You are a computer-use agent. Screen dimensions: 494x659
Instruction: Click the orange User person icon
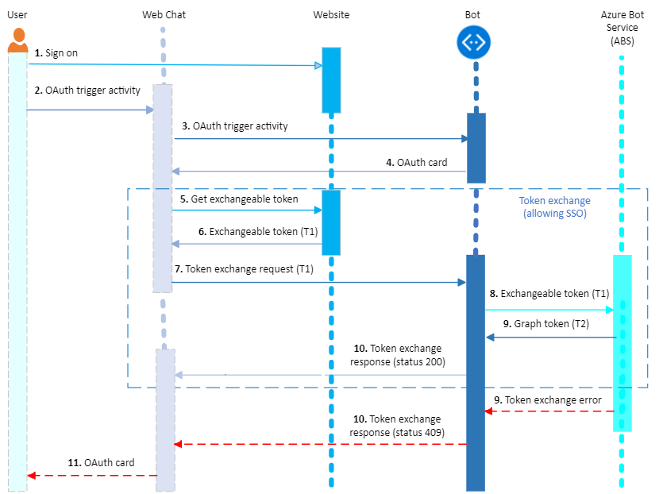17,41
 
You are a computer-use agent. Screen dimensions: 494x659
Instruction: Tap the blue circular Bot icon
475,43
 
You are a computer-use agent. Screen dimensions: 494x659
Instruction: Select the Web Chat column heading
164,14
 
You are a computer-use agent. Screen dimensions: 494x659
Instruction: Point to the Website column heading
331,14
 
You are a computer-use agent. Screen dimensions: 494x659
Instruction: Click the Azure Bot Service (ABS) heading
621,29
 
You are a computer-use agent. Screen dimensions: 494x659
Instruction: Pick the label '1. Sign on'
56,53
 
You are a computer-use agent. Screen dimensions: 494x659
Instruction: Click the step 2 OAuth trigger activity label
87,91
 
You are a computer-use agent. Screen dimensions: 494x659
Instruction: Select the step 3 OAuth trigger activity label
235,126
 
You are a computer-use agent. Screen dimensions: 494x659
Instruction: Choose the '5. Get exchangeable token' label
239,199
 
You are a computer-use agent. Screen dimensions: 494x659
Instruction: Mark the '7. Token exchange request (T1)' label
244,269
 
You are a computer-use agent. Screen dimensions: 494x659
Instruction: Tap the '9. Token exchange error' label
548,399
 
